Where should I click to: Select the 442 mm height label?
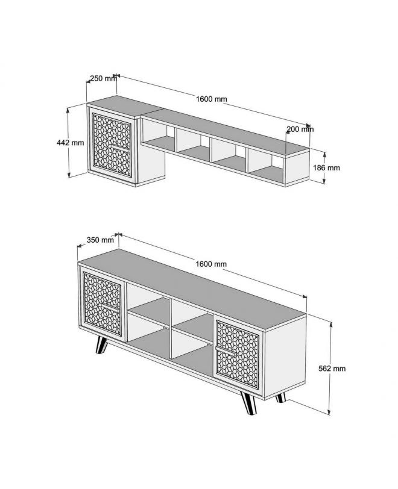[71, 143]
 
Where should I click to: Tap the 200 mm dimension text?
[300, 129]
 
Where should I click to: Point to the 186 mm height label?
[326, 168]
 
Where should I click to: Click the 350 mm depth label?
[100, 240]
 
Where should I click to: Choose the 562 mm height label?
[332, 369]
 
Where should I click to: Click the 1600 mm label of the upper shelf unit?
[212, 99]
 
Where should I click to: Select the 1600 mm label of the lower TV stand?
[211, 264]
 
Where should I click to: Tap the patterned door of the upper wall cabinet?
[112, 145]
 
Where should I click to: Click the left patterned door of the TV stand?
[103, 304]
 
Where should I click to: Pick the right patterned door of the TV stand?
[238, 355]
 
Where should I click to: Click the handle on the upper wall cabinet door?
[120, 148]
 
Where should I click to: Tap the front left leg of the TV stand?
[101, 345]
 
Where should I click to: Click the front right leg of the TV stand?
[248, 403]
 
